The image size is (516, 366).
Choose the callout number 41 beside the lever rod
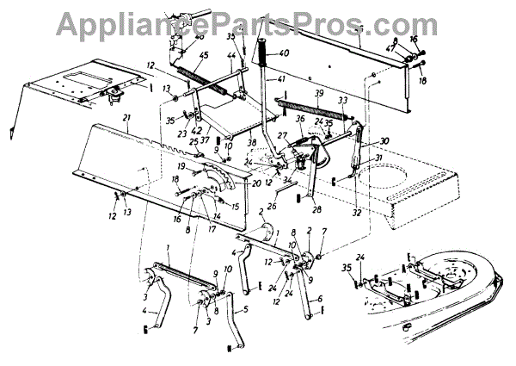click(280, 79)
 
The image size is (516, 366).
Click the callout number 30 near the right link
click(384, 141)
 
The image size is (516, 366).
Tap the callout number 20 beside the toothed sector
click(255, 183)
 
